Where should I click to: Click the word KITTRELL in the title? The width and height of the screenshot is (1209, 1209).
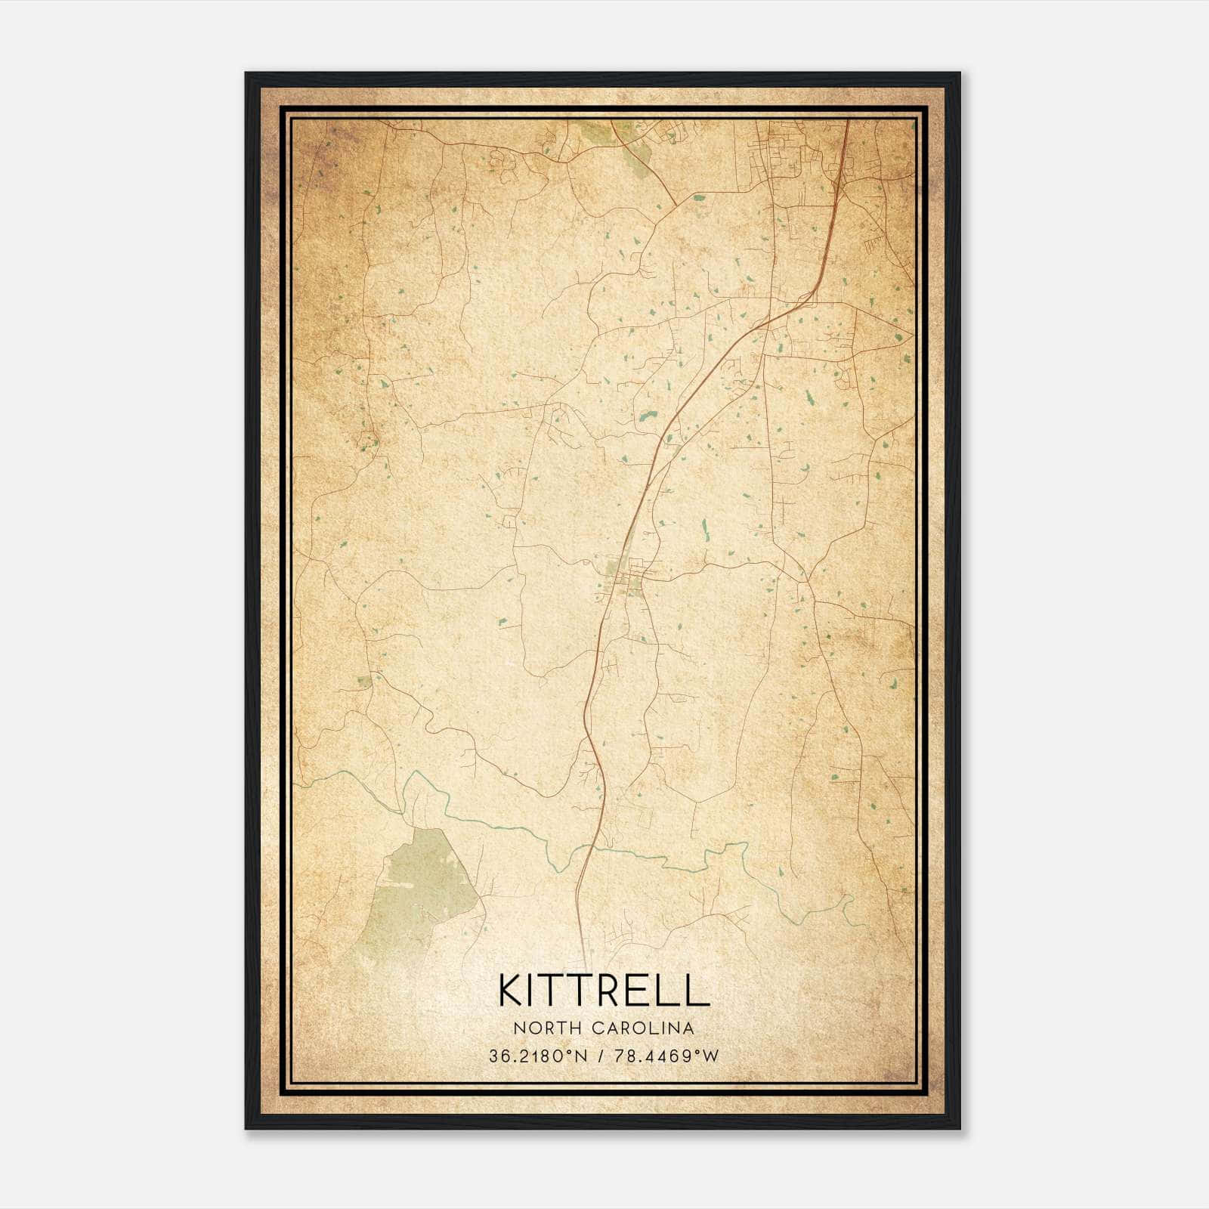(x=604, y=990)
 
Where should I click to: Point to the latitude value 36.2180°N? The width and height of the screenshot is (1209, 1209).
(x=538, y=1056)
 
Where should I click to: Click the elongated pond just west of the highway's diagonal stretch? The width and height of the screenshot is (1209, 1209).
(x=648, y=415)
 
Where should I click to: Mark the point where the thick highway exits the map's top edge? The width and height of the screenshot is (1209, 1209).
(x=847, y=121)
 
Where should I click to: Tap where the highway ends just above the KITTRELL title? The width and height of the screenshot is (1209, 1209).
(x=583, y=945)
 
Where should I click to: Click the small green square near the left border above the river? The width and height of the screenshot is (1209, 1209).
(x=365, y=681)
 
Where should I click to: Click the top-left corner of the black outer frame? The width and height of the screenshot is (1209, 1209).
(x=246, y=73)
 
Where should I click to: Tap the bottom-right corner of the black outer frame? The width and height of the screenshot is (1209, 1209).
(x=960, y=1128)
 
